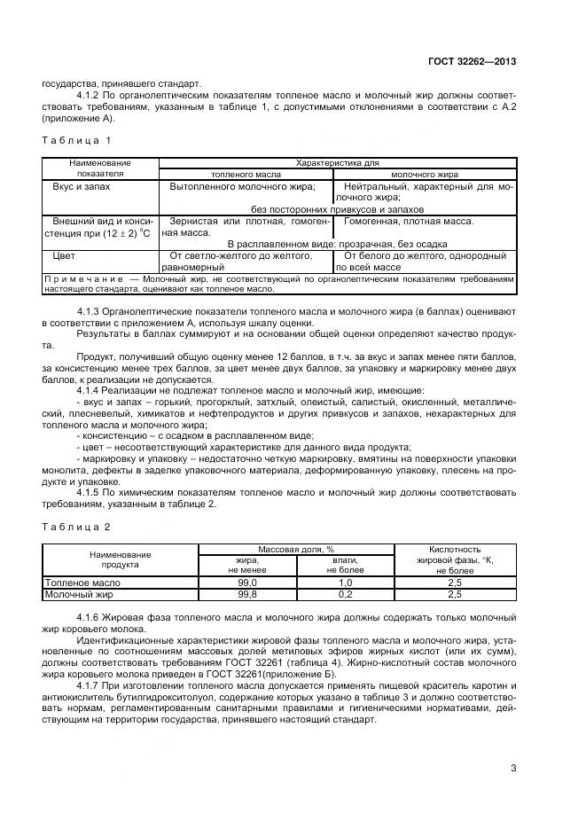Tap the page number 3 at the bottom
point(513,768)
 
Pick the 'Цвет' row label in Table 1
point(65,255)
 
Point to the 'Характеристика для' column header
point(337,163)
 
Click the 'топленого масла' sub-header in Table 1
point(246,175)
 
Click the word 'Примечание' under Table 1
point(81,278)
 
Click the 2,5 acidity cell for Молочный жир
point(455,594)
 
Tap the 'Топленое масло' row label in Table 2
point(81,582)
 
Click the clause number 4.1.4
point(90,390)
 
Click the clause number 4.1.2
point(90,95)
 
